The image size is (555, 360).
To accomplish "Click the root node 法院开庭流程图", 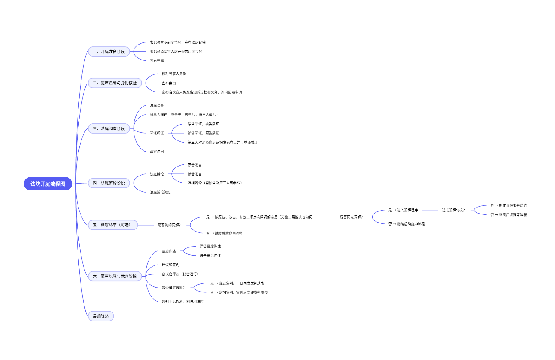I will [x=48, y=184].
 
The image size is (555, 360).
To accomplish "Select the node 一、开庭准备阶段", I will [x=108, y=51].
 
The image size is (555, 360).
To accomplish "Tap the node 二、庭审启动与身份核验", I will [x=115, y=83].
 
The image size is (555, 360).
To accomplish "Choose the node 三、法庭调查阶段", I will [x=108, y=128].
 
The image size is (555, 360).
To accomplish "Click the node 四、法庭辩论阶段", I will [x=108, y=183].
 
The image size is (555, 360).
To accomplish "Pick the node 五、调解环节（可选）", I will [x=113, y=225].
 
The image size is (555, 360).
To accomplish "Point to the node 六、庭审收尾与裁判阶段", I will [x=115, y=277].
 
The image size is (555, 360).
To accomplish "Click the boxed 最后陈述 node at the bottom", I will [x=101, y=316].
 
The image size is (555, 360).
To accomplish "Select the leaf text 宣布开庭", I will [x=157, y=61].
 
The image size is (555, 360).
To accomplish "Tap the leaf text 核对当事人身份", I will [x=174, y=74].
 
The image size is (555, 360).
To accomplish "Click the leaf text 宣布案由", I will [x=168, y=83].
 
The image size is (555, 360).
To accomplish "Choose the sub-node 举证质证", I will [x=157, y=133].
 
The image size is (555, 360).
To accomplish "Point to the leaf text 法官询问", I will [x=157, y=152].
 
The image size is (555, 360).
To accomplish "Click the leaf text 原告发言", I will [x=195, y=164].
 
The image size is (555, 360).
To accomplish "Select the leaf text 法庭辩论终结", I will [x=160, y=193].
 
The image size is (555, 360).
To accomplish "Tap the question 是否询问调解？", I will [x=169, y=225].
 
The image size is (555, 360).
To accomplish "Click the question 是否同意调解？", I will [x=351, y=217].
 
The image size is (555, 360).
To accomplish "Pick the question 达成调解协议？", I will [x=453, y=210].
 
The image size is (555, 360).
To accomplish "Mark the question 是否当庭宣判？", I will [x=173, y=288].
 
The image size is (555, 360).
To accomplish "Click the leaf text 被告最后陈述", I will [x=210, y=256].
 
